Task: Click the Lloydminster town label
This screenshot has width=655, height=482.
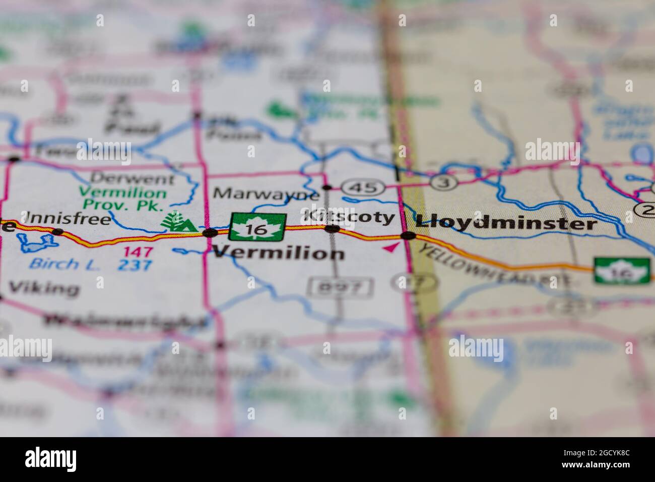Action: pyautogui.click(x=506, y=223)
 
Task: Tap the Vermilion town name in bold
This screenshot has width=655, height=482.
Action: pyautogui.click(x=279, y=253)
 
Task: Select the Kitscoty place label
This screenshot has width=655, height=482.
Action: pyautogui.click(x=349, y=217)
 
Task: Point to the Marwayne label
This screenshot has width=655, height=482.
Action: pyautogui.click(x=267, y=194)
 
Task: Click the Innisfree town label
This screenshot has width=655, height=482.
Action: pyautogui.click(x=68, y=219)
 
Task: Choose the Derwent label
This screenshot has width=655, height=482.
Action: pyautogui.click(x=134, y=178)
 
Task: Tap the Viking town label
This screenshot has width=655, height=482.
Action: pyautogui.click(x=44, y=288)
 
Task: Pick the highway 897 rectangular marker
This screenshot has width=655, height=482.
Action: pyautogui.click(x=341, y=287)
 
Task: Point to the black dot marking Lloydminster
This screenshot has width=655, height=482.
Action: pyautogui.click(x=408, y=235)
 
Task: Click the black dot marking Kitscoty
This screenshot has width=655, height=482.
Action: pyautogui.click(x=332, y=229)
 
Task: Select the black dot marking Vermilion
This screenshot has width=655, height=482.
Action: pyautogui.click(x=210, y=232)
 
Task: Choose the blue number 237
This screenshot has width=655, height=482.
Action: pyautogui.click(x=135, y=265)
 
